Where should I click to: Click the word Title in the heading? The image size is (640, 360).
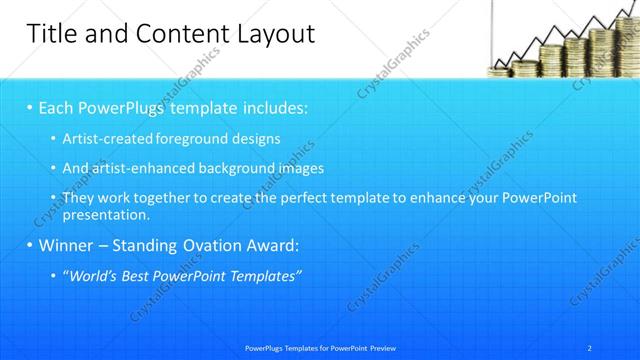pyautogui.click(x=49, y=34)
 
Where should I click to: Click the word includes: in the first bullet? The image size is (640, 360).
pyautogui.click(x=271, y=106)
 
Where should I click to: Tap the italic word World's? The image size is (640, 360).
pyautogui.click(x=93, y=275)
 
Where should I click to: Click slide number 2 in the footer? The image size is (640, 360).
pyautogui.click(x=590, y=347)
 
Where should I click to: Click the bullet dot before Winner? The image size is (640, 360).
pyautogui.click(x=30, y=245)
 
